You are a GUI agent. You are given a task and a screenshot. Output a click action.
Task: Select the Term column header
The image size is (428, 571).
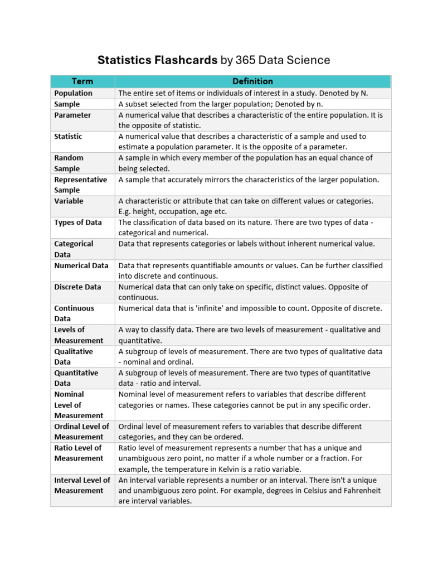pos(82,81)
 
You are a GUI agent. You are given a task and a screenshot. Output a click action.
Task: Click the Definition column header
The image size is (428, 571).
pos(252,81)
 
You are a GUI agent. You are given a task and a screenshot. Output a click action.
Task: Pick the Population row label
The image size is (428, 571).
pos(73,93)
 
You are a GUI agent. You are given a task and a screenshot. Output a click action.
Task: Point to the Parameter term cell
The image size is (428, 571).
pos(72,115)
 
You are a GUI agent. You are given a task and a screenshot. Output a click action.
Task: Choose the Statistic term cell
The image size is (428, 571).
pos(68,136)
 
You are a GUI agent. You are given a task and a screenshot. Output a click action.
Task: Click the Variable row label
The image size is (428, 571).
pos(69,201)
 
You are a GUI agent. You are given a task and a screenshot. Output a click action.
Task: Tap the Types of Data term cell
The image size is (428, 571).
pos(78,222)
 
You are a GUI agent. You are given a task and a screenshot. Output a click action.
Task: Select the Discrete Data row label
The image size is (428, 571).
pos(77,287)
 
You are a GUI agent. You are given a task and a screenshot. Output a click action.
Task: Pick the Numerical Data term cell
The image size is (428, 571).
pos(81,265)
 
